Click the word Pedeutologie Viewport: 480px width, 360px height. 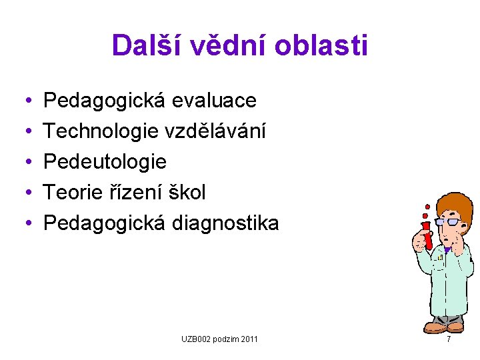click(105, 162)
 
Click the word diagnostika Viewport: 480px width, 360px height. click(226, 223)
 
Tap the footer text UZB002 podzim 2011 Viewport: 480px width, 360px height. click(220, 340)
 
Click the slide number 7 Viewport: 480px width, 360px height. click(449, 339)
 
